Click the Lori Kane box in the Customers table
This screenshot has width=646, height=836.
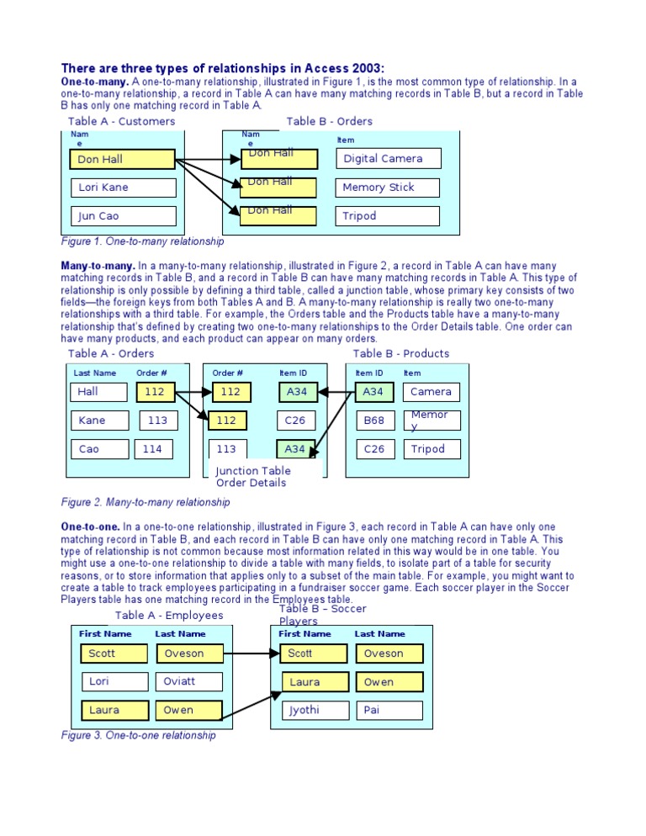click(x=123, y=188)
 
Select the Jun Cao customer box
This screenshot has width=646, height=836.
click(x=123, y=216)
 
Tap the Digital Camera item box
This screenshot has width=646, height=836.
click(x=388, y=159)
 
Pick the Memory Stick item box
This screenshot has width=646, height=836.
click(x=388, y=188)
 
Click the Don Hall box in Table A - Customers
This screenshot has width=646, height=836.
click(x=123, y=159)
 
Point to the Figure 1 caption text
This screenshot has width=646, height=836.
click(x=143, y=242)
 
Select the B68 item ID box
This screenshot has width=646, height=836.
click(x=373, y=421)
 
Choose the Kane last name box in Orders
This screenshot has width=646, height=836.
click(x=98, y=421)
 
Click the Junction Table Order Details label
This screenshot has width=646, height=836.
click(x=252, y=477)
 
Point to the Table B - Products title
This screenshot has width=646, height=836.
click(x=401, y=354)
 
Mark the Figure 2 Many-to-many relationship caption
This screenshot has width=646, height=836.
click(x=146, y=503)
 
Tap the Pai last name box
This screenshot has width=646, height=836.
click(x=389, y=711)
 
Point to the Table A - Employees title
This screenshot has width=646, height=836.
click(x=169, y=616)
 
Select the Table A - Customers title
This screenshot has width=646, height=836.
click(x=121, y=122)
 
